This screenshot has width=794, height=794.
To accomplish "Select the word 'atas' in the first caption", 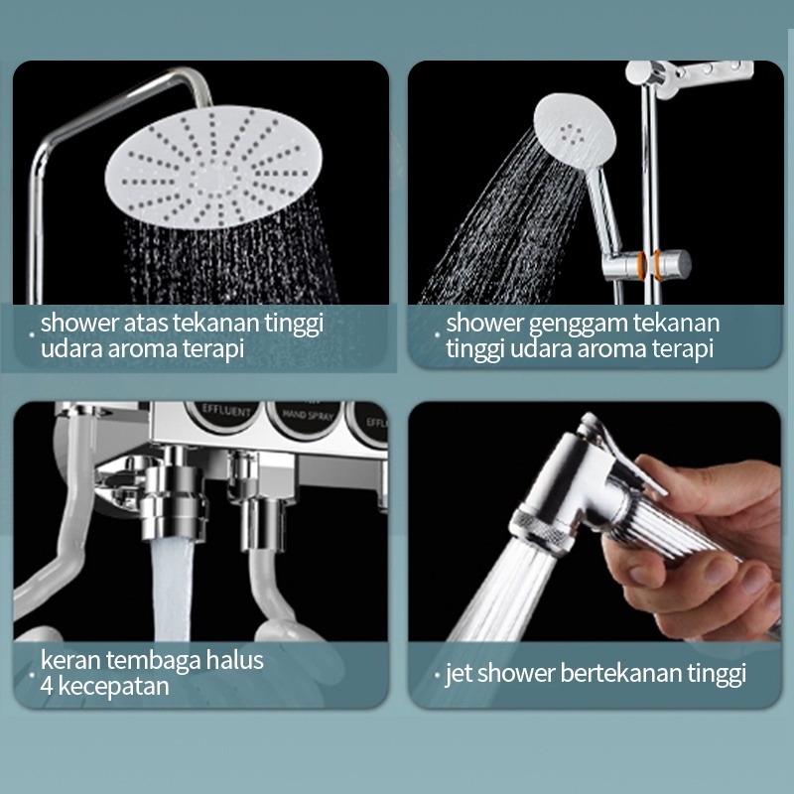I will (147, 323).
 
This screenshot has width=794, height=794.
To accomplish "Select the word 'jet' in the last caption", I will (459, 674).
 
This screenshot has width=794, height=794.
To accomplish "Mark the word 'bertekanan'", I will (624, 674).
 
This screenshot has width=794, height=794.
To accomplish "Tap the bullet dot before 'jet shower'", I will (438, 676).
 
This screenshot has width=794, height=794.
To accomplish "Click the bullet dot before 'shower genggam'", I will (438, 325).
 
